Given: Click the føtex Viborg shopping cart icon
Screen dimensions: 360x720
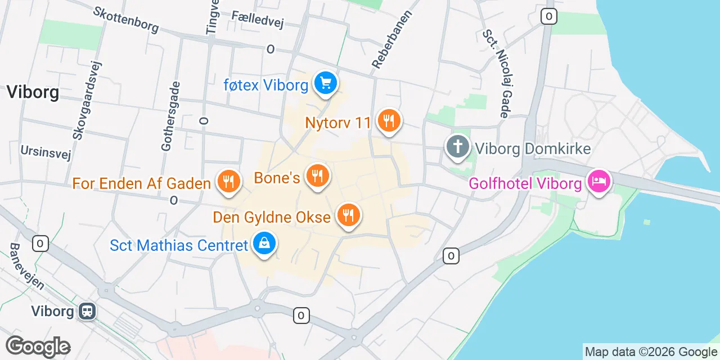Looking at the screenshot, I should pos(325,84).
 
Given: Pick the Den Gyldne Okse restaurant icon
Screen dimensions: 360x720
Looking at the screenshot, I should pos(349,214).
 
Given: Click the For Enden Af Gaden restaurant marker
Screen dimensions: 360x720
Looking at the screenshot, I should pos(228,181).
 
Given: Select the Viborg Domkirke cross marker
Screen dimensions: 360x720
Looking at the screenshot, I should pos(458,147).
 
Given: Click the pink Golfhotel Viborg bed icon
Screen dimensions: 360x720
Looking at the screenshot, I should pos(599,181).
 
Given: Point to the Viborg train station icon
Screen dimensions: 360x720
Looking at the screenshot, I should pos(88,310).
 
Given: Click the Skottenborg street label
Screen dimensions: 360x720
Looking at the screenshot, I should pos(126,20).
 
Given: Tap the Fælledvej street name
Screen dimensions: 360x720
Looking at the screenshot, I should pos(258,19).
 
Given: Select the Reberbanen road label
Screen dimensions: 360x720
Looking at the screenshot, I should pos(392,39).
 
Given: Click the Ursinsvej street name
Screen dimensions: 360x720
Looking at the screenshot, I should pos(40,151).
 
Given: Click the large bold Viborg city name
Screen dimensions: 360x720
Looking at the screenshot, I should pos(33,92).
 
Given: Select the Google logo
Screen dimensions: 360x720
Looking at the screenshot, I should pos(38,347).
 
